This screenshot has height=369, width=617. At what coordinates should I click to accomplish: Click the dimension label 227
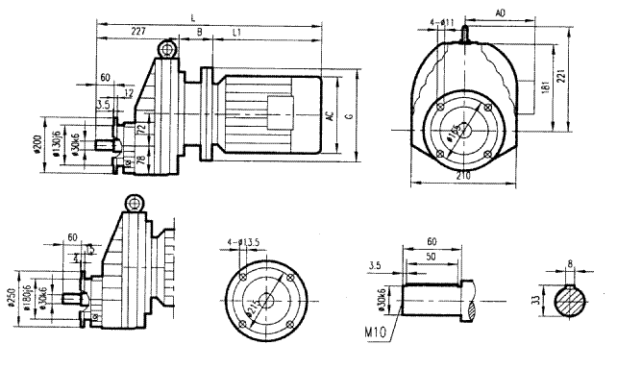coord(138,32)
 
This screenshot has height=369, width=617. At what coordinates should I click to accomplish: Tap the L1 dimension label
coord(235,32)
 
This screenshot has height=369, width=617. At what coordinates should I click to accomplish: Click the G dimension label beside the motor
coord(350,115)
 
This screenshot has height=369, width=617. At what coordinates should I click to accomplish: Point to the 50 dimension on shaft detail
coord(430,257)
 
